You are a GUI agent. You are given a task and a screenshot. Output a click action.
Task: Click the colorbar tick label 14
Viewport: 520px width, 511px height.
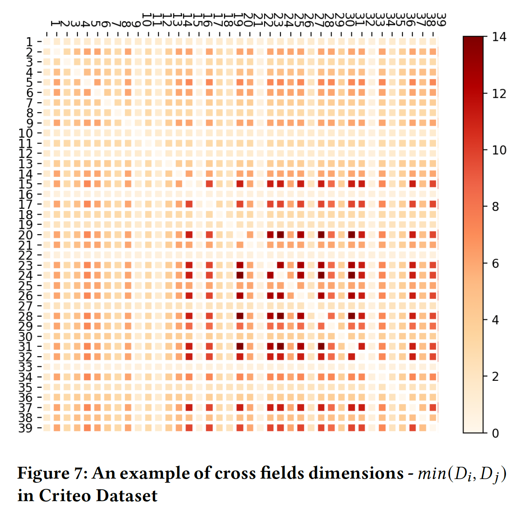coord(499,37)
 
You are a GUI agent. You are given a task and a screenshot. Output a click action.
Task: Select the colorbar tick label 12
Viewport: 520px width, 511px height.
coord(499,94)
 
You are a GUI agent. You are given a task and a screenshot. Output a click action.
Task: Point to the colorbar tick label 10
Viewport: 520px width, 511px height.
coord(499,150)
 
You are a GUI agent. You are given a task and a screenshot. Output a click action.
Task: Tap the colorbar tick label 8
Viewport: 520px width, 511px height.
coord(495,207)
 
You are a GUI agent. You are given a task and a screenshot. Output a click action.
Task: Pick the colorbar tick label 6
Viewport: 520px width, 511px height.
coord(495,263)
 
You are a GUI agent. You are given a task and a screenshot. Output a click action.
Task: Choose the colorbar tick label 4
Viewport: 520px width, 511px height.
coord(495,320)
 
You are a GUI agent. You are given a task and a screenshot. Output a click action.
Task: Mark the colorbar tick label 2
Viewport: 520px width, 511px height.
coord(495,376)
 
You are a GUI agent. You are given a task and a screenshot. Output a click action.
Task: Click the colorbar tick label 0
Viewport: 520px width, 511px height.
coord(495,433)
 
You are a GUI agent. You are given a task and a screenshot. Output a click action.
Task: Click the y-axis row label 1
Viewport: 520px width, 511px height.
coord(29,42)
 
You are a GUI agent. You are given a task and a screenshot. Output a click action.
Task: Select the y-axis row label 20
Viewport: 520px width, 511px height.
coord(25,235)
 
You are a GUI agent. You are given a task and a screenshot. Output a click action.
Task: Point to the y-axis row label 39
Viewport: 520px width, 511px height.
coord(25,428)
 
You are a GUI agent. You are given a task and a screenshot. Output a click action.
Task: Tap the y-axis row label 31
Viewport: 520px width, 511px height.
coord(25,346)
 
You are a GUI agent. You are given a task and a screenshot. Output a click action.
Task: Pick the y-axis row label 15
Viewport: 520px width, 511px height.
coord(25,184)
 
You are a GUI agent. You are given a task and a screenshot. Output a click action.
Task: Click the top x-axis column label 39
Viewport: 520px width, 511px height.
coord(441,19)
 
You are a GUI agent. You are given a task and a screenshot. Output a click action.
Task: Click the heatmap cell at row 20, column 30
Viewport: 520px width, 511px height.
coord(351,235)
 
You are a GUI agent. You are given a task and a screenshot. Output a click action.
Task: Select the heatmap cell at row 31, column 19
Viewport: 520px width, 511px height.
coord(240,346)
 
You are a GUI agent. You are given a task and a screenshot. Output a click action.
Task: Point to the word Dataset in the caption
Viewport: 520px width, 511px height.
coord(127,496)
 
